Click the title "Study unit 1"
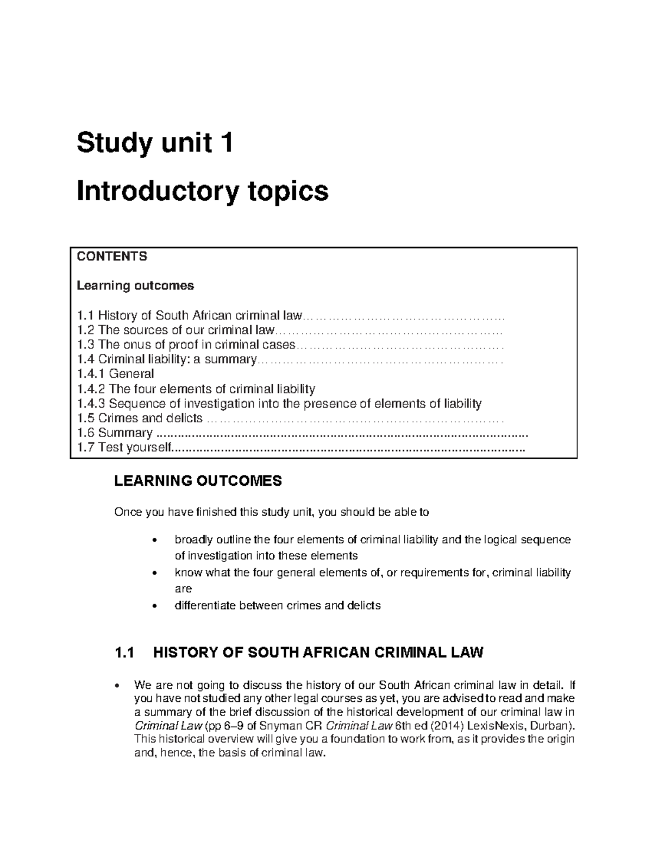(155, 143)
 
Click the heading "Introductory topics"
(203, 191)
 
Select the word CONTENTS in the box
(112, 257)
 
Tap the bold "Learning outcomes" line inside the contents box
(135, 286)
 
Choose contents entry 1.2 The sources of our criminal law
(176, 330)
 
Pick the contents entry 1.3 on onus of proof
(186, 345)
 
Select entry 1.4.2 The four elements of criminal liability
(196, 389)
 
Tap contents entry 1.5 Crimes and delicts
(140, 419)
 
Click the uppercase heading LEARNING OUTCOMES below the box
(198, 481)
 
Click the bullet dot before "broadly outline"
(156, 541)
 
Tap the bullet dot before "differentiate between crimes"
(156, 606)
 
